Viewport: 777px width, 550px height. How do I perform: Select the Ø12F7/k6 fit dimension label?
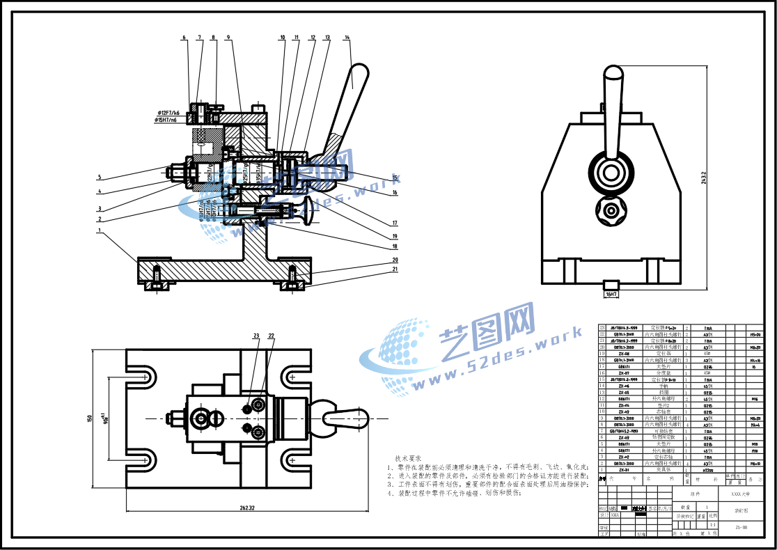click(168, 112)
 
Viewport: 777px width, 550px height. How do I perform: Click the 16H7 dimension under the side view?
click(612, 295)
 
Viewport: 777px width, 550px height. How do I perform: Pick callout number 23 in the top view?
click(256, 336)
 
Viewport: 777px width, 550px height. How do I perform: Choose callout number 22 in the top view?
click(271, 336)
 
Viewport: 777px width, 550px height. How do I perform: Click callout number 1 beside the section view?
click(100, 230)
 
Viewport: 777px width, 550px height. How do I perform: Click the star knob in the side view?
click(611, 210)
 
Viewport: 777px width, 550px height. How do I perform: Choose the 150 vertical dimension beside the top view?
click(90, 418)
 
